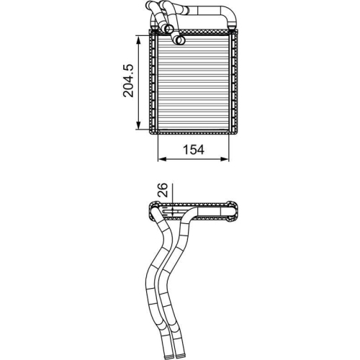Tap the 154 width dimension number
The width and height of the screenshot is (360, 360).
(193, 150)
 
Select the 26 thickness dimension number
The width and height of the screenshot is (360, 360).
(163, 191)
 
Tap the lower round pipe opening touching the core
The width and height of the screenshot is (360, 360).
(170, 31)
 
